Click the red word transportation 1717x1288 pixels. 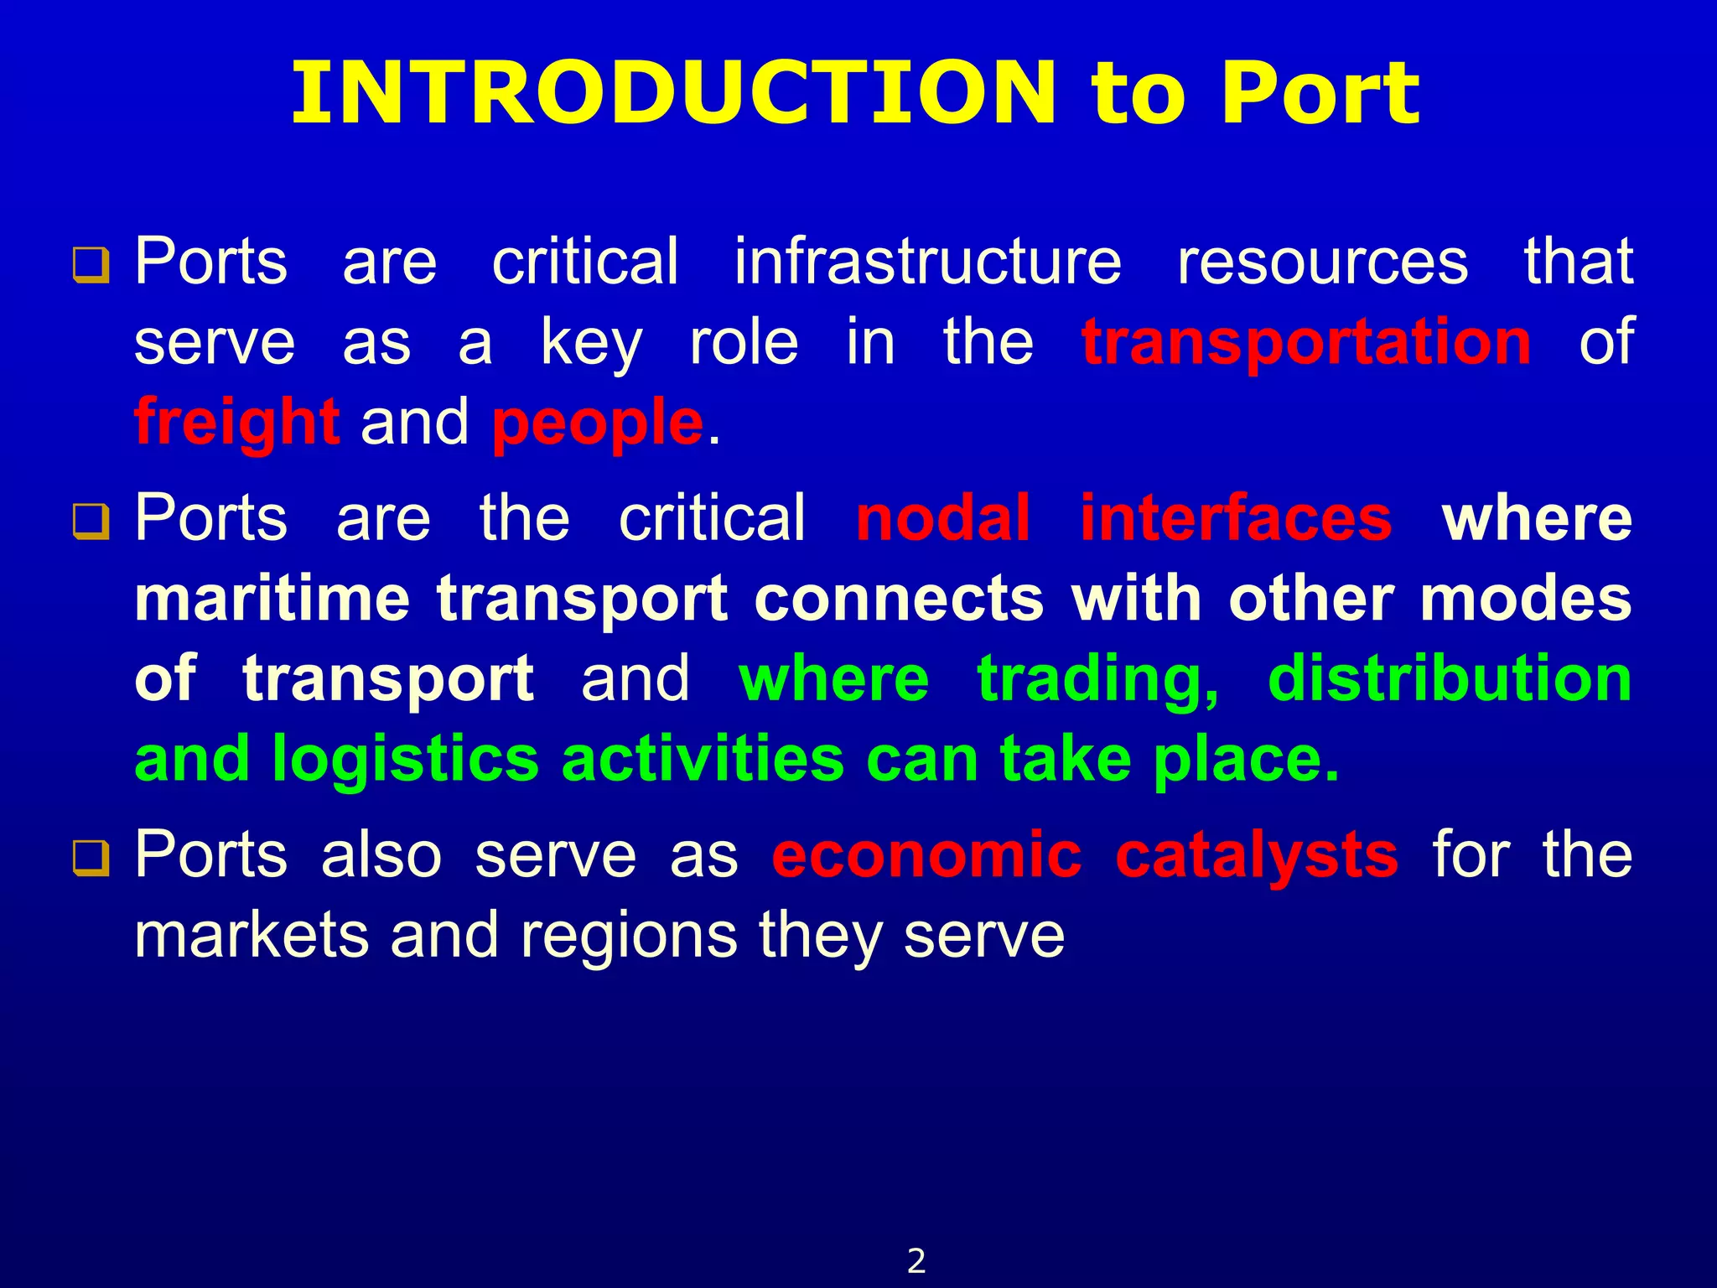1306,343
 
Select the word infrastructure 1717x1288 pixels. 927,262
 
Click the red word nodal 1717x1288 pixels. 942,518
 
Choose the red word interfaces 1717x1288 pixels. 1236,518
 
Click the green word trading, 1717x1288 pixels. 1098,679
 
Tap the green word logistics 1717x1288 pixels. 406,760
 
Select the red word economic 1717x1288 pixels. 927,855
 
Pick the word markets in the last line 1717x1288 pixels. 252,936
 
